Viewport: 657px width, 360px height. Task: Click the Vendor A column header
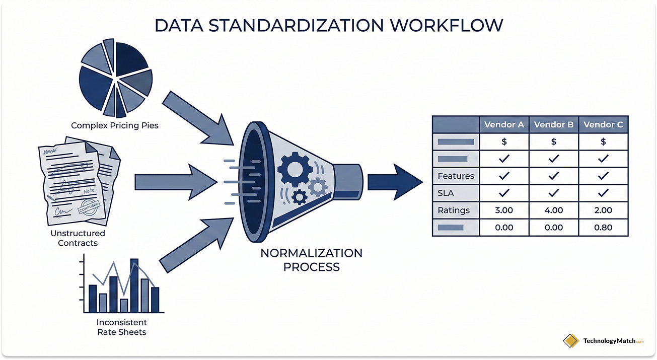[504, 124]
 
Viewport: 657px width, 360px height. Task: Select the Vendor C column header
[603, 124]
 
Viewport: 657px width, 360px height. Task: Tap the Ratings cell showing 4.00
[554, 210]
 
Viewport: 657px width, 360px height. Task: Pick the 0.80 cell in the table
[603, 228]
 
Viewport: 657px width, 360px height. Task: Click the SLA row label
[446, 193]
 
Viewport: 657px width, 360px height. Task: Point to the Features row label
[456, 176]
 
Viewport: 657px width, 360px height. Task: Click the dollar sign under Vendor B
[554, 142]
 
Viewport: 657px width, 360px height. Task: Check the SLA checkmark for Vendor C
[603, 193]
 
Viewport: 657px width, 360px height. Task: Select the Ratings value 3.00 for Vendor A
[504, 210]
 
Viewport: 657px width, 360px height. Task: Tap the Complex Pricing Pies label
[115, 125]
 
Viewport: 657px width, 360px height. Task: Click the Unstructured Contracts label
[78, 238]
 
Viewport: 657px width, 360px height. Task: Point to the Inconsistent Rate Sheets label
[122, 327]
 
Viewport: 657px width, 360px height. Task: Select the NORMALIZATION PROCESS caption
[311, 259]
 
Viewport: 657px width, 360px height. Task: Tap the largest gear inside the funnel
[293, 169]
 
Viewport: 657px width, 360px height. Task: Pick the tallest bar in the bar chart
[134, 285]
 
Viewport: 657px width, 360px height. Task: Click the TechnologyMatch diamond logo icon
[571, 341]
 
